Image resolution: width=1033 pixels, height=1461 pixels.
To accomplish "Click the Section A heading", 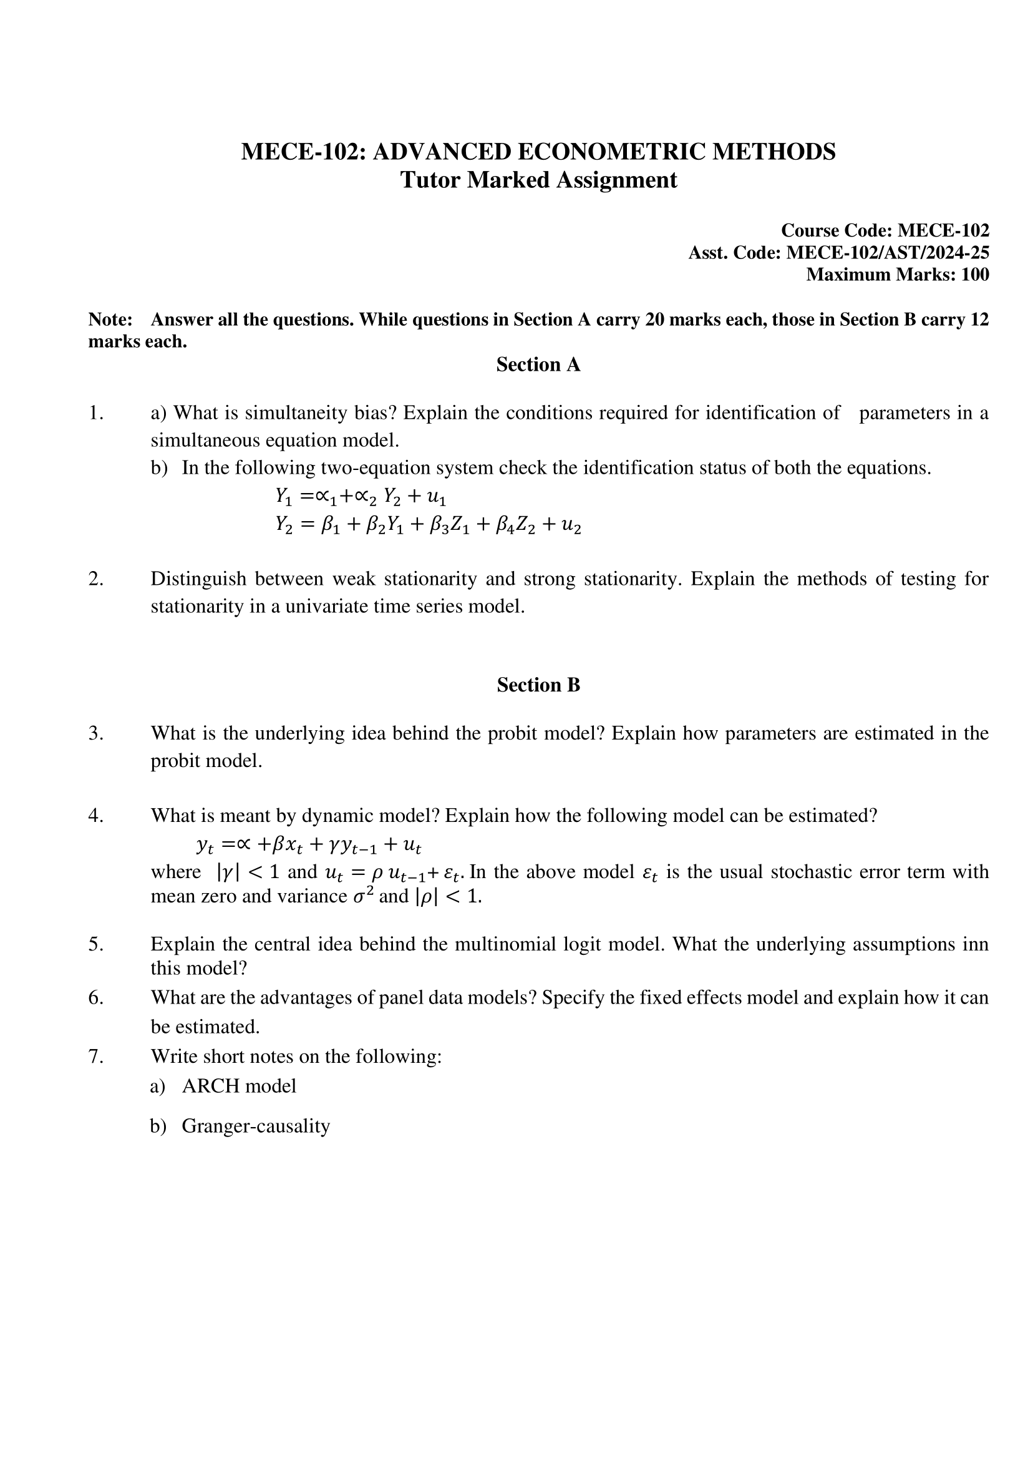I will [538, 364].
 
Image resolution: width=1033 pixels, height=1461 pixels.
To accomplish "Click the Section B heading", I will [538, 685].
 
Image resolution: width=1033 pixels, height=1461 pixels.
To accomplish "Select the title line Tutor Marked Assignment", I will [538, 180].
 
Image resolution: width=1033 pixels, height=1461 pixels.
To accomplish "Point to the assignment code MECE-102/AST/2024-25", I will [887, 253].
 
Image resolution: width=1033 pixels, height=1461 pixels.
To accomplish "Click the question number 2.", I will [95, 579].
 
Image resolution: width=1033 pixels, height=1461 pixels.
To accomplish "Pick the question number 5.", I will [95, 944].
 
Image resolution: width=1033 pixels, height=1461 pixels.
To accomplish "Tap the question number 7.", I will [95, 1057].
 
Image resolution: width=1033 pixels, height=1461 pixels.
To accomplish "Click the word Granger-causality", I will [256, 1126].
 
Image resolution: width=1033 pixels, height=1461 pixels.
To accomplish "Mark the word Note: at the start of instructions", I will [110, 320].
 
